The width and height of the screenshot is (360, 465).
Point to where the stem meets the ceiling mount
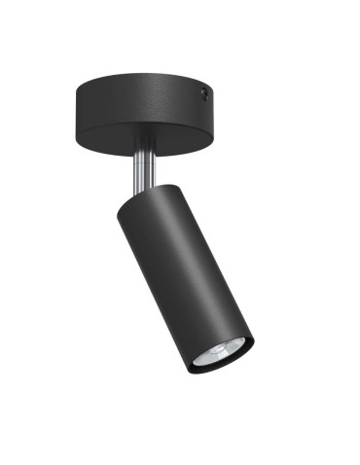(142, 153)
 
